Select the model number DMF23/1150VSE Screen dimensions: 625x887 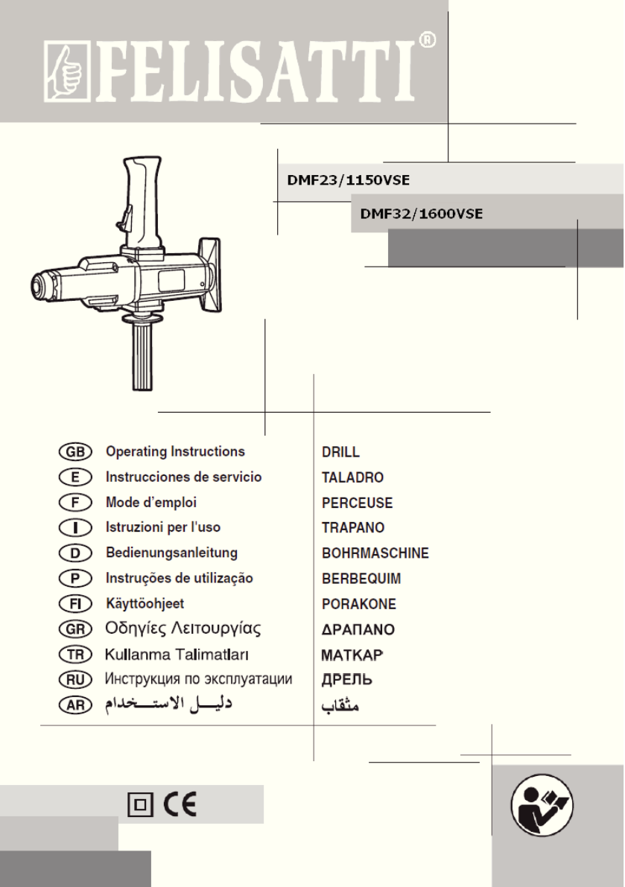tap(349, 179)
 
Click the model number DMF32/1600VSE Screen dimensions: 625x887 tap(422, 214)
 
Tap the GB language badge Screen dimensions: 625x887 tap(74, 451)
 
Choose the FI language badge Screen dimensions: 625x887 tap(74, 603)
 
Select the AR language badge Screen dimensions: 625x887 tap(74, 705)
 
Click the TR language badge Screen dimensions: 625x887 tap(74, 654)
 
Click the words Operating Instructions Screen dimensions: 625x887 tap(175, 451)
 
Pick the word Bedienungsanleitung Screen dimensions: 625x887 tap(171, 553)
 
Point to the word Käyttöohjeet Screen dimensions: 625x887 tap(145, 603)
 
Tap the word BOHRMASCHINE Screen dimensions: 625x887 tap(375, 553)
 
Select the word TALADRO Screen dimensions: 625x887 tap(352, 477)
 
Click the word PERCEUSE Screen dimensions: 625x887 tap(357, 503)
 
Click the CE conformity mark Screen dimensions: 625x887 tap(181, 804)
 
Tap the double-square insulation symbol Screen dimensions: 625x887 tap(139, 805)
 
